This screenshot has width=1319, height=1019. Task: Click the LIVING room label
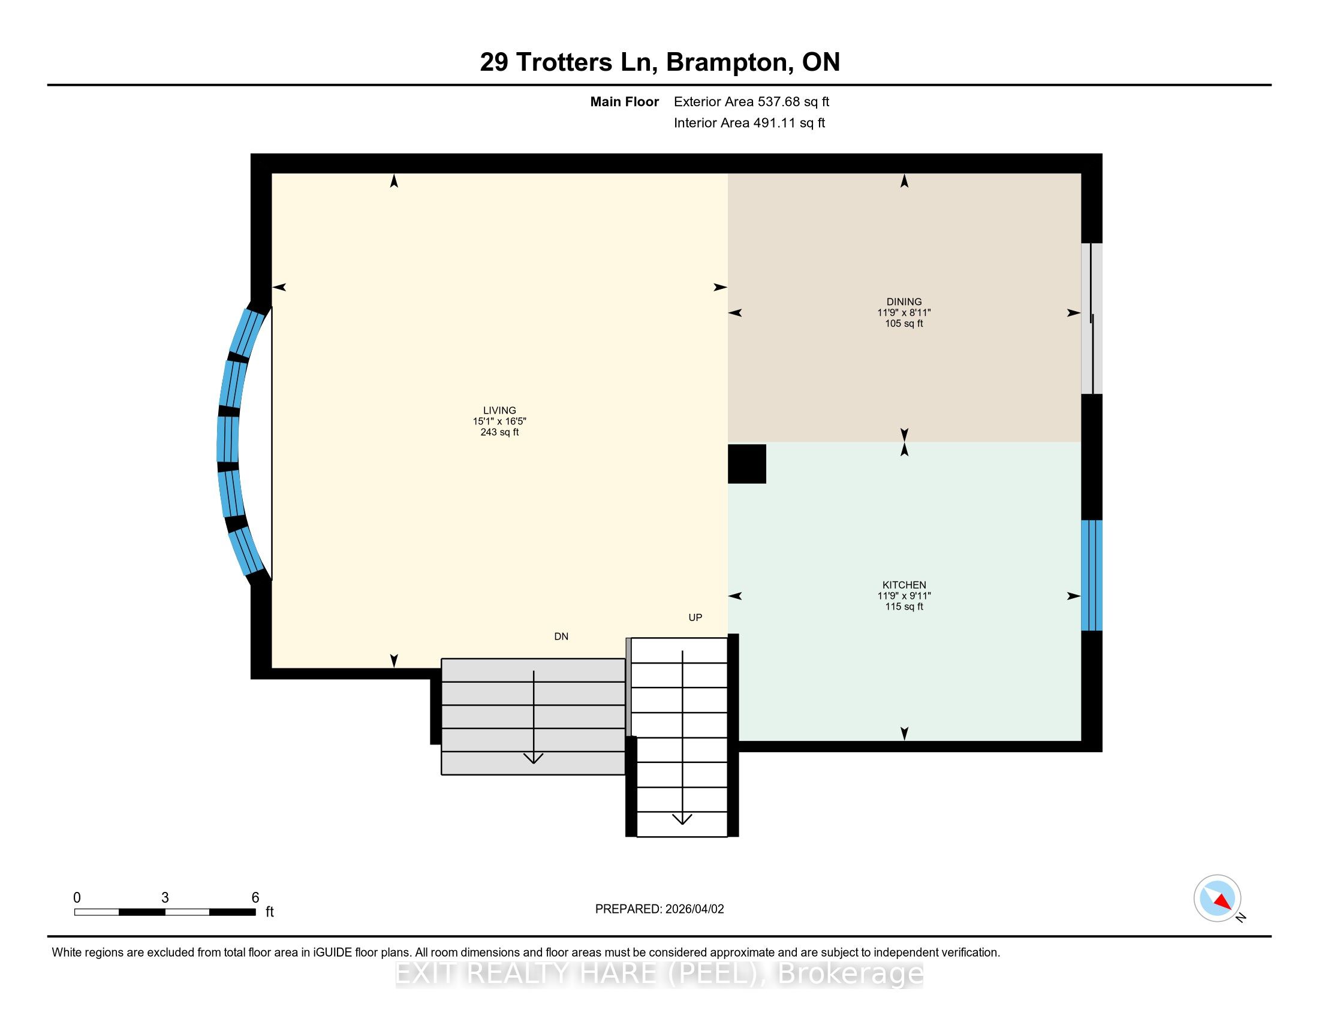click(499, 411)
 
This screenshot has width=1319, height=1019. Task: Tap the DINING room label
click(904, 302)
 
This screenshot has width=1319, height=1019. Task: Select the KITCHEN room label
click(904, 585)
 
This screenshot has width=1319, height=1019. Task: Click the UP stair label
click(695, 617)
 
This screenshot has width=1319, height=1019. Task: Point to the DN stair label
click(561, 636)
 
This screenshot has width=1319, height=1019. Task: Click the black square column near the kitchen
click(747, 463)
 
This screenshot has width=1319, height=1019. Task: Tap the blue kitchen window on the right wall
click(1091, 575)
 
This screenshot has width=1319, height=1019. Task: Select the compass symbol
click(1218, 899)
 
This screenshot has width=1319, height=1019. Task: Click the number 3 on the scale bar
click(165, 898)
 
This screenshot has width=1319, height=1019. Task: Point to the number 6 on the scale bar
click(255, 898)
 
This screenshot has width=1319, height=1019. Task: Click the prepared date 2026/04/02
click(694, 909)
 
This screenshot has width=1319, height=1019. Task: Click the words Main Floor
click(625, 102)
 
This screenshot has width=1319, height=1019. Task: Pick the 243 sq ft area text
click(499, 432)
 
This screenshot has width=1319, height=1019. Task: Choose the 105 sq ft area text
click(904, 324)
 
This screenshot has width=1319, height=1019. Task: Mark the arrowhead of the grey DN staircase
click(533, 758)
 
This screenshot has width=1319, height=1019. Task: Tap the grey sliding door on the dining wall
click(1091, 319)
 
